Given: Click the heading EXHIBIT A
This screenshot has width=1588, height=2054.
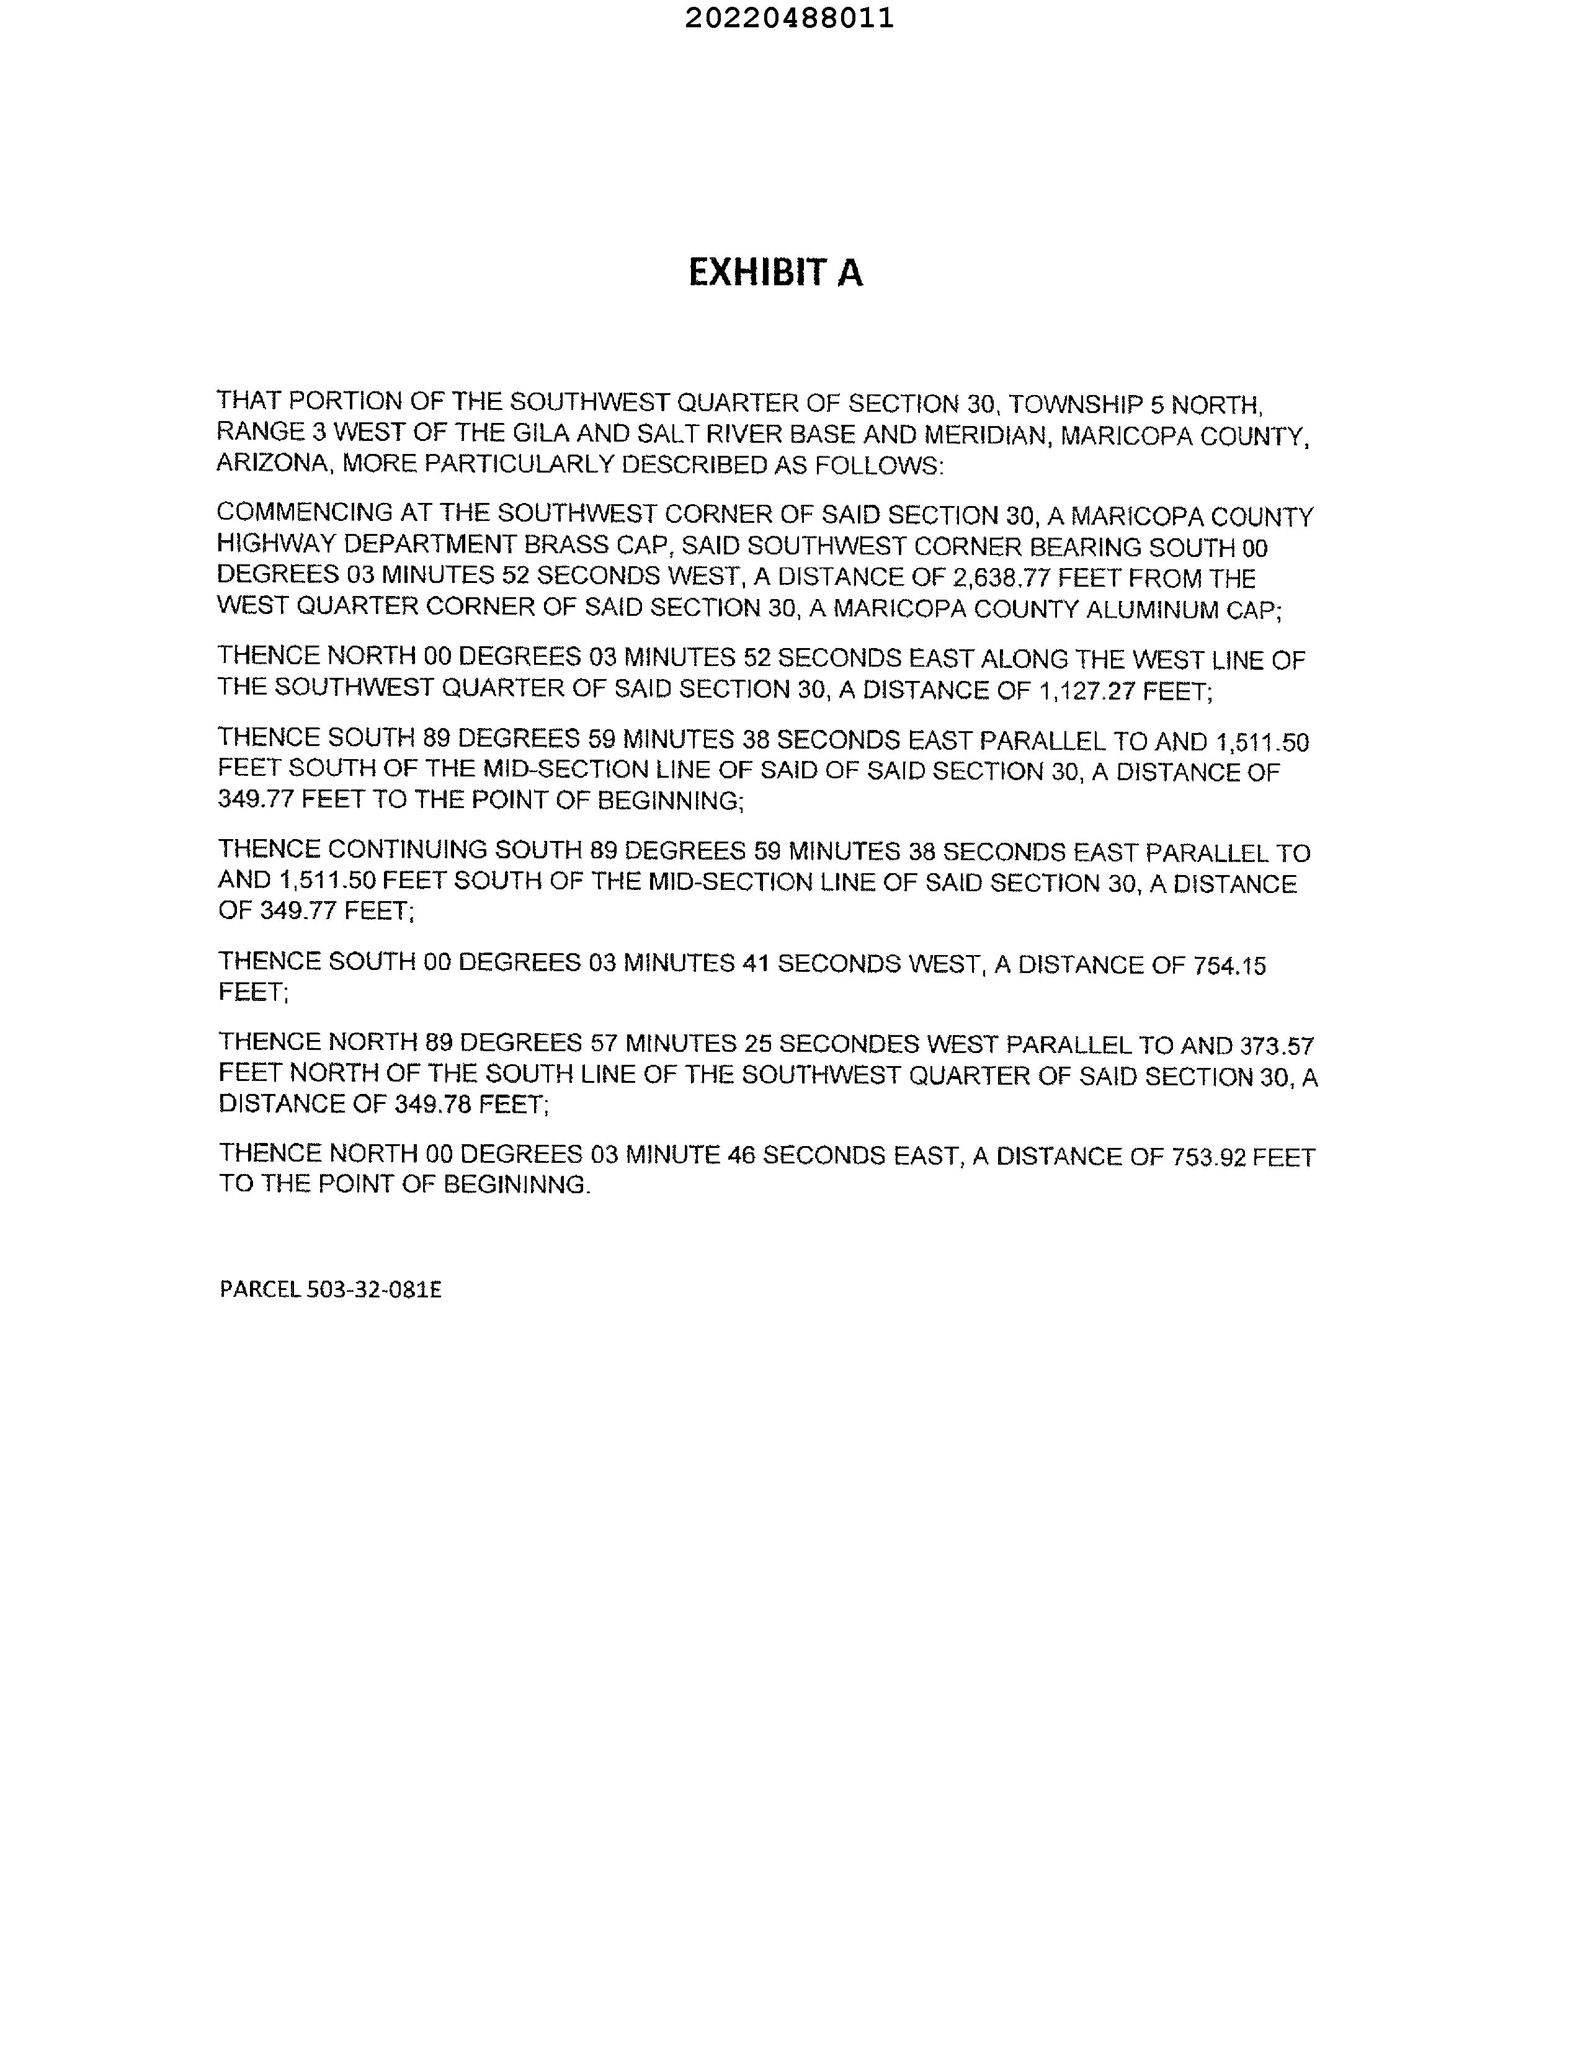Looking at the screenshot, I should coord(775,273).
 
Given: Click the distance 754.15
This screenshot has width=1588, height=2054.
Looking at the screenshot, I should coord(1229,966).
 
